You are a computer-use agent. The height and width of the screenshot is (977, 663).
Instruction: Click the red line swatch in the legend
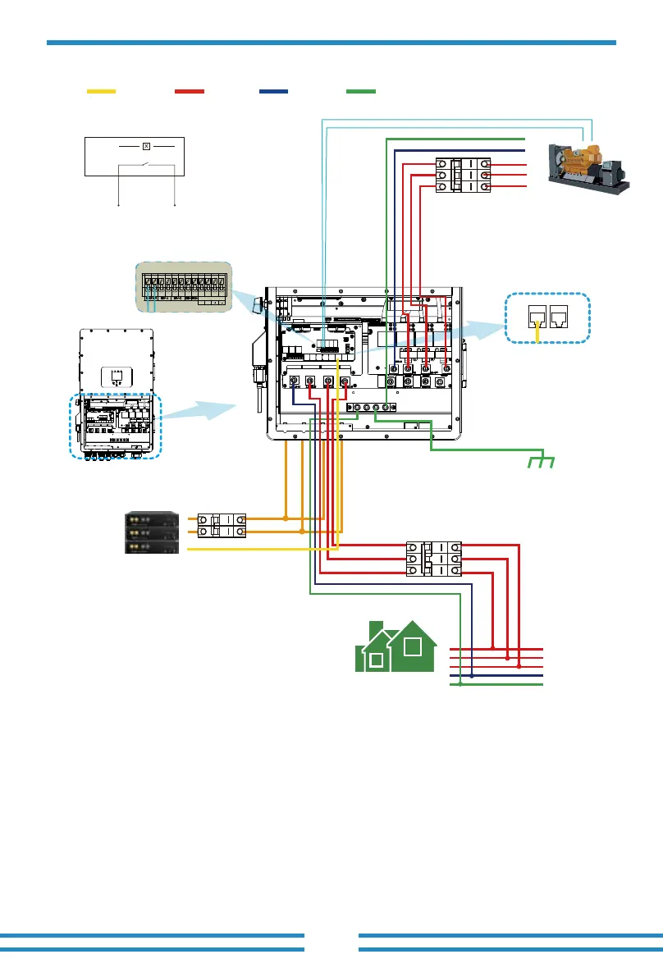190,90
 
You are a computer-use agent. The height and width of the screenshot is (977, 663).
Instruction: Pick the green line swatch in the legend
362,90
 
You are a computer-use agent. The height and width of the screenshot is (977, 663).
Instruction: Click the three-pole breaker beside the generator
461,175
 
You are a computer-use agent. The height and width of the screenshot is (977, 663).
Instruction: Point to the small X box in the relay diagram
146,146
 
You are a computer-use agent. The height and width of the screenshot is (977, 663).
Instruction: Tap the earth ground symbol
540,462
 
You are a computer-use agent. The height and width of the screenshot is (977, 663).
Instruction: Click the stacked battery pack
152,533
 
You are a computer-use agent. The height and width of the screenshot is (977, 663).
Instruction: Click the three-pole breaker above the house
434,559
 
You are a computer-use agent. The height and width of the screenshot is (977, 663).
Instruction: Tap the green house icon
397,647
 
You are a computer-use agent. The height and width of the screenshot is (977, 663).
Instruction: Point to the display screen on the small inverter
116,378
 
